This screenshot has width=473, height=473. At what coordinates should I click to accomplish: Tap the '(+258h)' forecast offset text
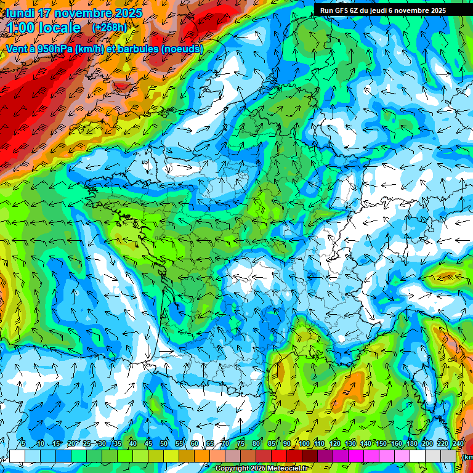pos(110,28)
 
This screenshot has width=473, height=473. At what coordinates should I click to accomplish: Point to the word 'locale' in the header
pos(59,28)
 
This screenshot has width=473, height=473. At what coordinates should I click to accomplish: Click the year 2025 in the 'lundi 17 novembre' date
pos(127,13)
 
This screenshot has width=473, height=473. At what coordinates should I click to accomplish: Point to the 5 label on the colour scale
pos(23,443)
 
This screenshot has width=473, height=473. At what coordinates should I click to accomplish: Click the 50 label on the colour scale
pos(164,443)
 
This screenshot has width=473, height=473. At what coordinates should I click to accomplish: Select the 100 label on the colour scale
pos(304,443)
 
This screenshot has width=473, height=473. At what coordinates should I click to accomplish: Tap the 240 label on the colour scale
pos(458,443)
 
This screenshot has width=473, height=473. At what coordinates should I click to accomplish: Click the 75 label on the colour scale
pos(241,443)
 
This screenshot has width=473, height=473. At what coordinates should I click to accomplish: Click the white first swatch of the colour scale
pos(17,456)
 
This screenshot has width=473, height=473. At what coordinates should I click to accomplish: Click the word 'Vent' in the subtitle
pos(17,49)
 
